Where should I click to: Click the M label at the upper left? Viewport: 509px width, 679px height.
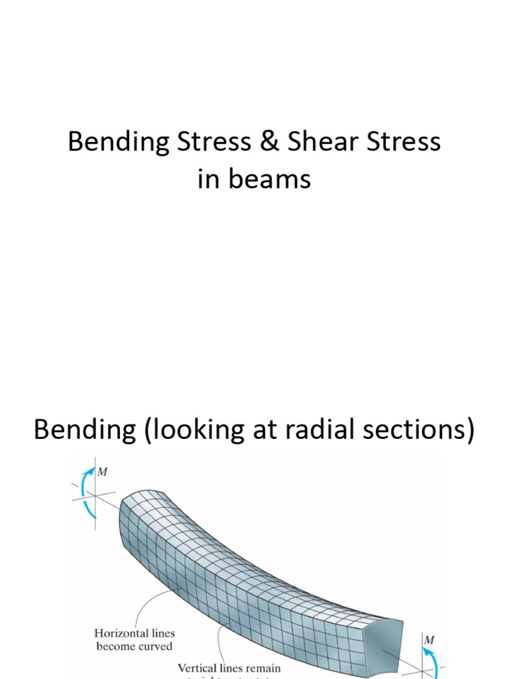click(103, 473)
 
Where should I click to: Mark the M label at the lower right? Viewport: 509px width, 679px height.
click(429, 640)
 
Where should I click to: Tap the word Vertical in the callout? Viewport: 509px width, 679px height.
click(200, 668)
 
